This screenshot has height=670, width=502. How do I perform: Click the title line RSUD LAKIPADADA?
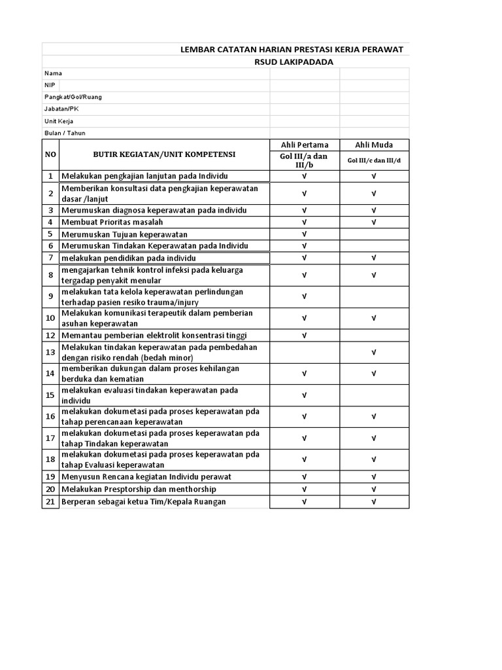(293, 62)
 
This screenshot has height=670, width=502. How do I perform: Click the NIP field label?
(50, 85)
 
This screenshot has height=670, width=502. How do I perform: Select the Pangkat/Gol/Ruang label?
(73, 97)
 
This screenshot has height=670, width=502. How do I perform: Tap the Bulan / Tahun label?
(65, 133)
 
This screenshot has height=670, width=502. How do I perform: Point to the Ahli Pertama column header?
(305, 145)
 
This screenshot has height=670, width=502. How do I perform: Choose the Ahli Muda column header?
(374, 145)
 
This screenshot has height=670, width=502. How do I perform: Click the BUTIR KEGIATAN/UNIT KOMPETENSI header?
(164, 154)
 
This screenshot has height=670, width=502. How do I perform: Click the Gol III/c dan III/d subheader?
(374, 160)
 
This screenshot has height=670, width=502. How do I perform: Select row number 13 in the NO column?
(50, 352)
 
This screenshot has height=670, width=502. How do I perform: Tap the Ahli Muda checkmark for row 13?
(374, 352)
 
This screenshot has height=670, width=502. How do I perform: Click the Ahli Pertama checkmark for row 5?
(305, 234)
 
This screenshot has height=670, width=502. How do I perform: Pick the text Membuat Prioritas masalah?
(112, 222)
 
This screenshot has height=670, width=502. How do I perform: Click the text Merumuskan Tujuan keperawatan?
(124, 234)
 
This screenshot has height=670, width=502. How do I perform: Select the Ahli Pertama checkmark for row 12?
(305, 335)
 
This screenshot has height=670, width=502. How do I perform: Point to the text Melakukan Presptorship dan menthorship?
(139, 489)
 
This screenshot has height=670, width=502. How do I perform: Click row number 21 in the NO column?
(50, 501)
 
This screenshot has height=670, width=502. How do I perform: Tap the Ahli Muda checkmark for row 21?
(374, 501)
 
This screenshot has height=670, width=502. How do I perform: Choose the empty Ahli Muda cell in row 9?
(374, 296)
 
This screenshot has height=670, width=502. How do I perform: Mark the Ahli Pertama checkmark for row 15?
(305, 395)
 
